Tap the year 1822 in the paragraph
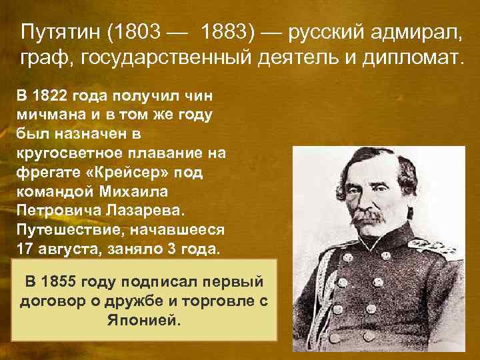(50, 95)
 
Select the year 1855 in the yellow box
(61, 281)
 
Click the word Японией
(143, 319)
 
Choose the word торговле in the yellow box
(207, 300)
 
